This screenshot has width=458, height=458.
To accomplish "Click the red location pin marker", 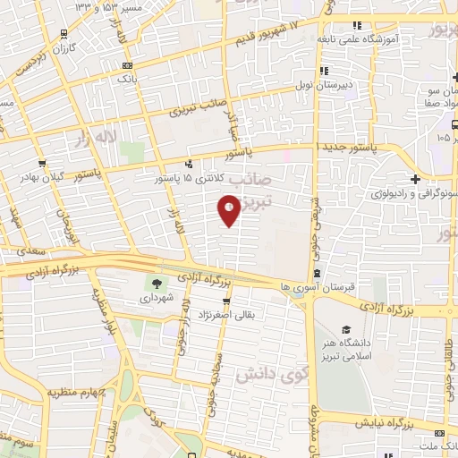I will click(229, 211).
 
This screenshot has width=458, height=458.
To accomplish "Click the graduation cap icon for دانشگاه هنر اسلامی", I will click(346, 329).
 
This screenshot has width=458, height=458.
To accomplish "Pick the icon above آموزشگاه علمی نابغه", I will click(358, 25).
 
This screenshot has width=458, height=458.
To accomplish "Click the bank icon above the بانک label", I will click(127, 65).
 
